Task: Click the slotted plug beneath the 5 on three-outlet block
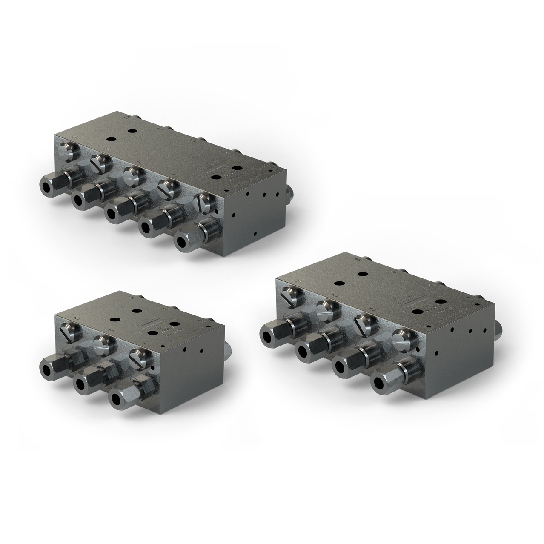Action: tap(69, 330)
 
